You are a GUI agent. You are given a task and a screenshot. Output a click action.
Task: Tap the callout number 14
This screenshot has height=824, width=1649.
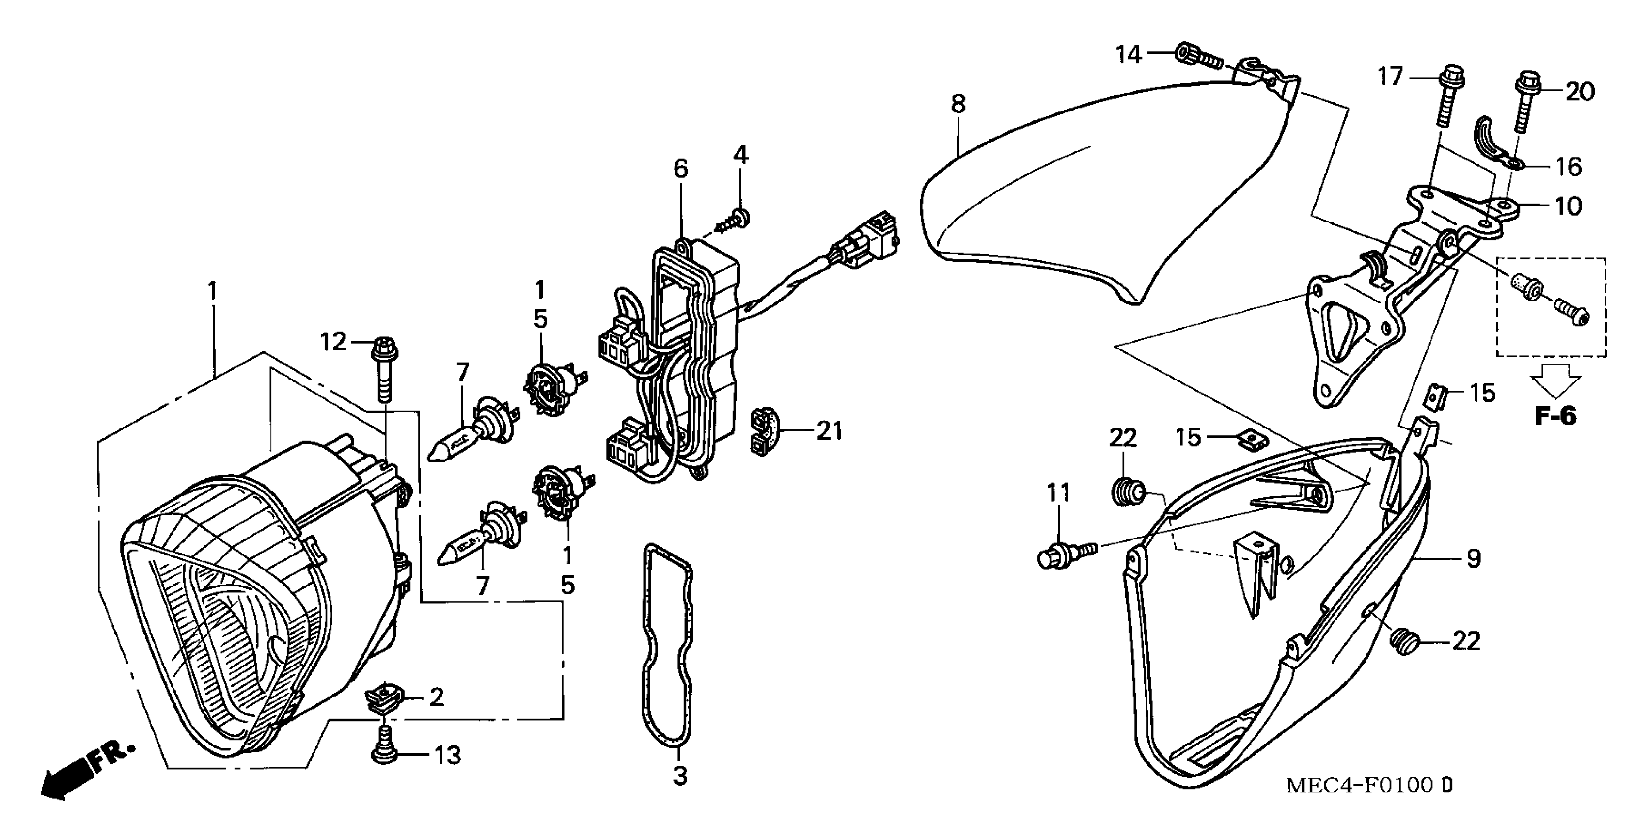click(x=1129, y=55)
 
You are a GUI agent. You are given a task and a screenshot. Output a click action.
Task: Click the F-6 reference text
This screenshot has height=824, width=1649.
click(x=1555, y=417)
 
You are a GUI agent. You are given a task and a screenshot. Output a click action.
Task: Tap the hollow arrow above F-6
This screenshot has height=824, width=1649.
click(x=1555, y=381)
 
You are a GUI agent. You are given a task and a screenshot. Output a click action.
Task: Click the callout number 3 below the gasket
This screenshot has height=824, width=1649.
click(x=680, y=776)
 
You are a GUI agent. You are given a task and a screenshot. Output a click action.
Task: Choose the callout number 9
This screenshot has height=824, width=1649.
click(x=1474, y=558)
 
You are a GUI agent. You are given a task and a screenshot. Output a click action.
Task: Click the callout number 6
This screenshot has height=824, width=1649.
click(x=680, y=169)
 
